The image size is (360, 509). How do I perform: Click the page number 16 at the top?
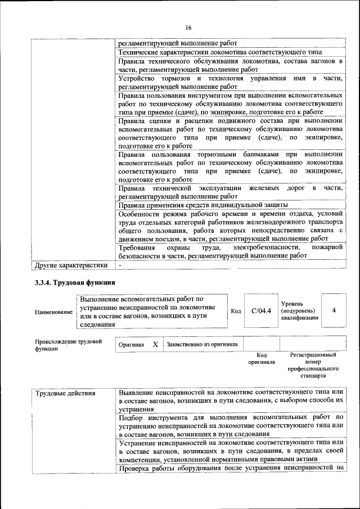coord(188,28)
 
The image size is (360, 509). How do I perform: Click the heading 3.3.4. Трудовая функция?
coord(75,282)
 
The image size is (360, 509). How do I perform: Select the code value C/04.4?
coord(261,310)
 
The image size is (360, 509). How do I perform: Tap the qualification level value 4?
coord(334,310)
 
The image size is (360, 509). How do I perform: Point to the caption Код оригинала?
coord(261,359)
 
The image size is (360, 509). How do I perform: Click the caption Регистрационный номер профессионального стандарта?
coord(313,366)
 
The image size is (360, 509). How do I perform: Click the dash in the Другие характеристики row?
coord(120,264)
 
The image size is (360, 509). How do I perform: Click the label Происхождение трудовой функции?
coord(68,344)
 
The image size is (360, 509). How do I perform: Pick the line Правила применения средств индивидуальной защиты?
coord(203,205)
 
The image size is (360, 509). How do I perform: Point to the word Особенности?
coord(141,214)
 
